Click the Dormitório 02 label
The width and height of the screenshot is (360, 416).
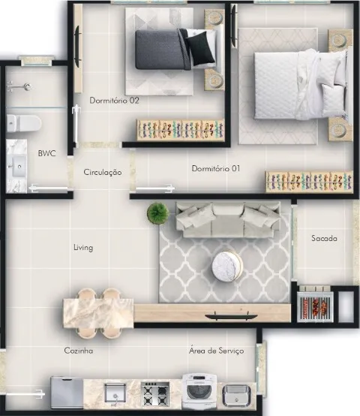point(114,101)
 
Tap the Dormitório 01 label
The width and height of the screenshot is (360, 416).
point(216,168)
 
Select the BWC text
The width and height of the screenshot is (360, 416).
point(47,153)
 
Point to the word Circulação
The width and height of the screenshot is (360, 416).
point(103,172)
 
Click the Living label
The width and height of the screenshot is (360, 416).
point(83,248)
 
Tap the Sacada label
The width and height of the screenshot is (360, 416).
point(324,238)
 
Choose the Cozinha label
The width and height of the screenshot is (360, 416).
point(79,351)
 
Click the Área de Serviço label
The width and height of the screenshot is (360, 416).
point(217,351)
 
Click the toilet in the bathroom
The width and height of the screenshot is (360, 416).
point(24,123)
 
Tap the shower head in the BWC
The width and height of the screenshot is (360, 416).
point(19,87)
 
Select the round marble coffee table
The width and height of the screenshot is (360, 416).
point(227,267)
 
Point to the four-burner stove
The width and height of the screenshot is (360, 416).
point(155,393)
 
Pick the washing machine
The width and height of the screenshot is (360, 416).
point(199,391)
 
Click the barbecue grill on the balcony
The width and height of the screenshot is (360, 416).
point(315,307)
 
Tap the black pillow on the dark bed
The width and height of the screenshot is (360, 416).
point(201,48)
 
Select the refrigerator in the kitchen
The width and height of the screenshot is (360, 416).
point(67,393)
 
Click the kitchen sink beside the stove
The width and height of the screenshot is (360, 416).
point(115,393)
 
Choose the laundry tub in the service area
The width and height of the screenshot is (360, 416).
point(236,395)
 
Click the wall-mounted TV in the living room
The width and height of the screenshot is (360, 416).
point(231,316)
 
